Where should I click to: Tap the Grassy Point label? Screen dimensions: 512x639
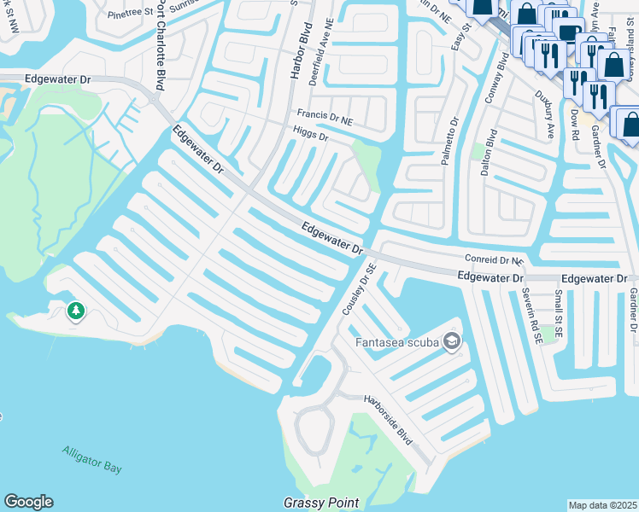(x=321, y=503)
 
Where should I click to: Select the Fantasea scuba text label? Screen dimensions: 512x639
(x=397, y=343)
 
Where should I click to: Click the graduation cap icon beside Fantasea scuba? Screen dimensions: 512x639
(x=452, y=342)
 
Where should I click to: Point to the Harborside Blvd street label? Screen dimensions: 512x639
(x=389, y=419)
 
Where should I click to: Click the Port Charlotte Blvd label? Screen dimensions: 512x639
(x=160, y=44)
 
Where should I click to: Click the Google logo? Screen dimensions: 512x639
(x=28, y=502)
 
